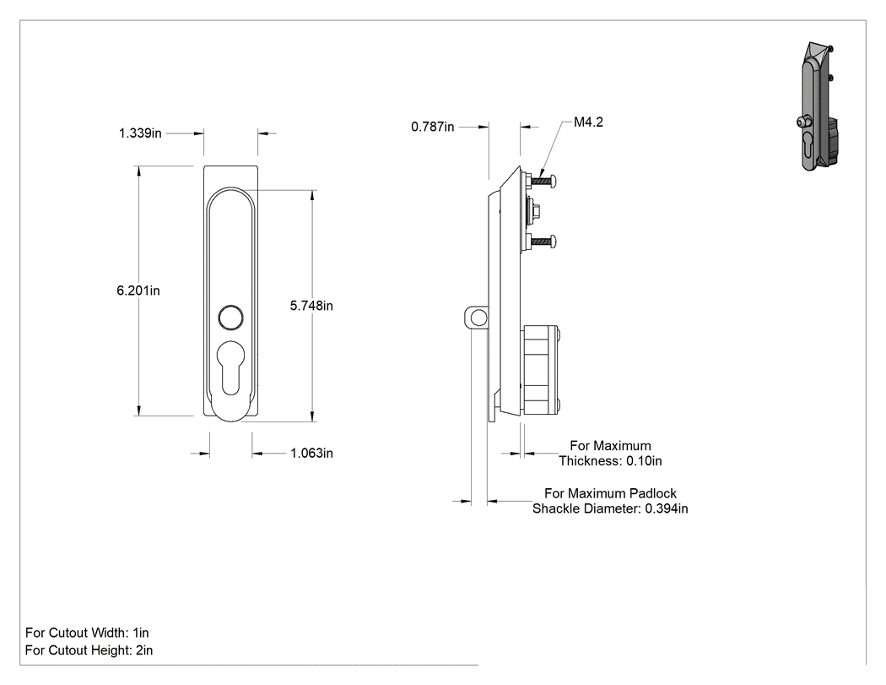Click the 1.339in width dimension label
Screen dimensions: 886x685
(x=140, y=133)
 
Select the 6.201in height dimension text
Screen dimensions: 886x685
(x=138, y=291)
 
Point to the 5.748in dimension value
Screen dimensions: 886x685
(x=311, y=306)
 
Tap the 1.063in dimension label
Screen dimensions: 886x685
(x=311, y=453)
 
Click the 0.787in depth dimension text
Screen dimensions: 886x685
(x=432, y=127)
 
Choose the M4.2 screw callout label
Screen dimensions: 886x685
(x=588, y=122)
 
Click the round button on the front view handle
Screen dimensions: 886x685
(x=230, y=318)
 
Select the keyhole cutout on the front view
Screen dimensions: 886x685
(x=230, y=367)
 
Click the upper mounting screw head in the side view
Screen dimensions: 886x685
(x=554, y=181)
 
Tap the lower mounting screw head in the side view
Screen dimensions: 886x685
(x=554, y=242)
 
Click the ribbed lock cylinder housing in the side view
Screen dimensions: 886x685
(x=541, y=371)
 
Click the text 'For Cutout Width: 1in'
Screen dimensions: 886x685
(x=87, y=633)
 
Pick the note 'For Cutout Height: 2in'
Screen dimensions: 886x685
(x=89, y=650)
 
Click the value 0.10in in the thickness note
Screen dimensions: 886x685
(x=644, y=461)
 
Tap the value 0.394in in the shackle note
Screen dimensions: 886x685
(x=667, y=508)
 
